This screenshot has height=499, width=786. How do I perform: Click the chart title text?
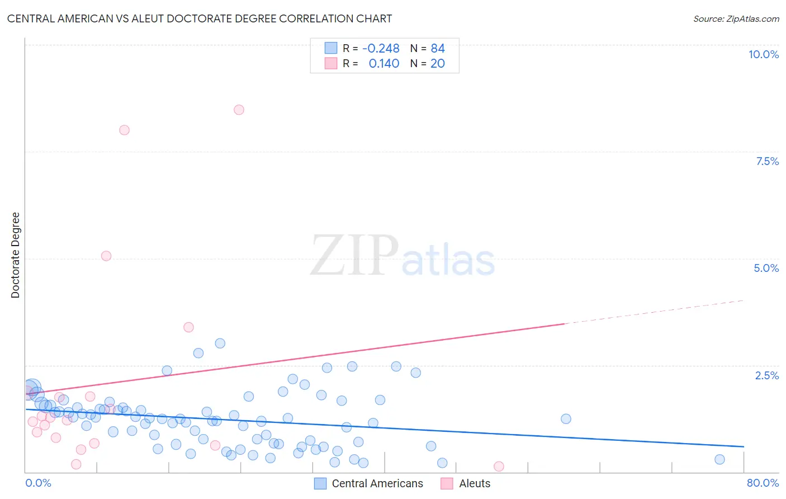(200, 18)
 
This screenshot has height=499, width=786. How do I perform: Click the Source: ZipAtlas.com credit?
(736, 18)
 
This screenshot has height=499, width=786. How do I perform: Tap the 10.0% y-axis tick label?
(763, 54)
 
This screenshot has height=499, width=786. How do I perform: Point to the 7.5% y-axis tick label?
(767, 161)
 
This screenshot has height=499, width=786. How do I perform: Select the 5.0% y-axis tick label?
(766, 268)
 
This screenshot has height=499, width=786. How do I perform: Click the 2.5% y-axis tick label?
(766, 375)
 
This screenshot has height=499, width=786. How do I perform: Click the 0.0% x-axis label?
(38, 483)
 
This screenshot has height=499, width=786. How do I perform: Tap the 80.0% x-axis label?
(763, 483)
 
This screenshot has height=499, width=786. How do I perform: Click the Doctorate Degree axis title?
(16, 255)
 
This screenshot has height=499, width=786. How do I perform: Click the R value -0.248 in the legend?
(381, 49)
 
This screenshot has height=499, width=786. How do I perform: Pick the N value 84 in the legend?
(438, 49)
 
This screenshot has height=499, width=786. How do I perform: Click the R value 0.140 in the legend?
(384, 64)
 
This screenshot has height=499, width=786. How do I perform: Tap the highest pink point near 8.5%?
(239, 110)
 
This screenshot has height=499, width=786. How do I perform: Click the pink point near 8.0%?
(124, 130)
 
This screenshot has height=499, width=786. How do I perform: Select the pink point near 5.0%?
(106, 256)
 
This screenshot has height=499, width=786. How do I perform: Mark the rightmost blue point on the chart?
(719, 459)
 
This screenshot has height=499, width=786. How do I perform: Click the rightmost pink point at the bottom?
(499, 467)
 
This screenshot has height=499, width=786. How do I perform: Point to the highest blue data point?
(220, 343)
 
